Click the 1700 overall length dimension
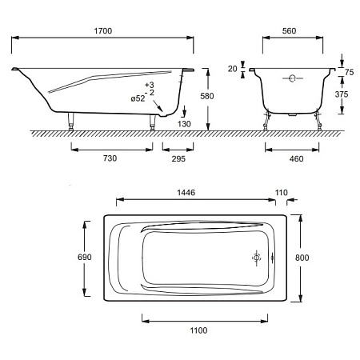[103, 31]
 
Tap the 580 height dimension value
[207, 96]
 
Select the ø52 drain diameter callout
[138, 98]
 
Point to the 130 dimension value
[184, 124]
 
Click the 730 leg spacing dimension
[110, 158]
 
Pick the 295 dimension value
[178, 159]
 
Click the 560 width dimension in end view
[289, 31]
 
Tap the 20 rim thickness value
[232, 69]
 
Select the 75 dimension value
[349, 72]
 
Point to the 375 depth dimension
[342, 94]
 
